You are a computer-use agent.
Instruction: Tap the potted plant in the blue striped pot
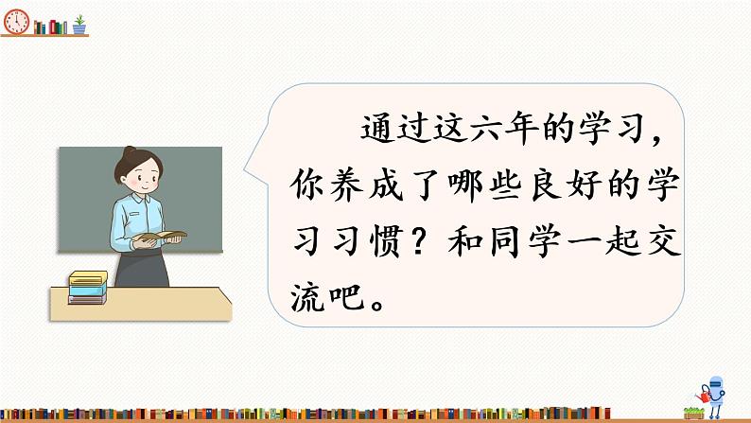tap(79, 24)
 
